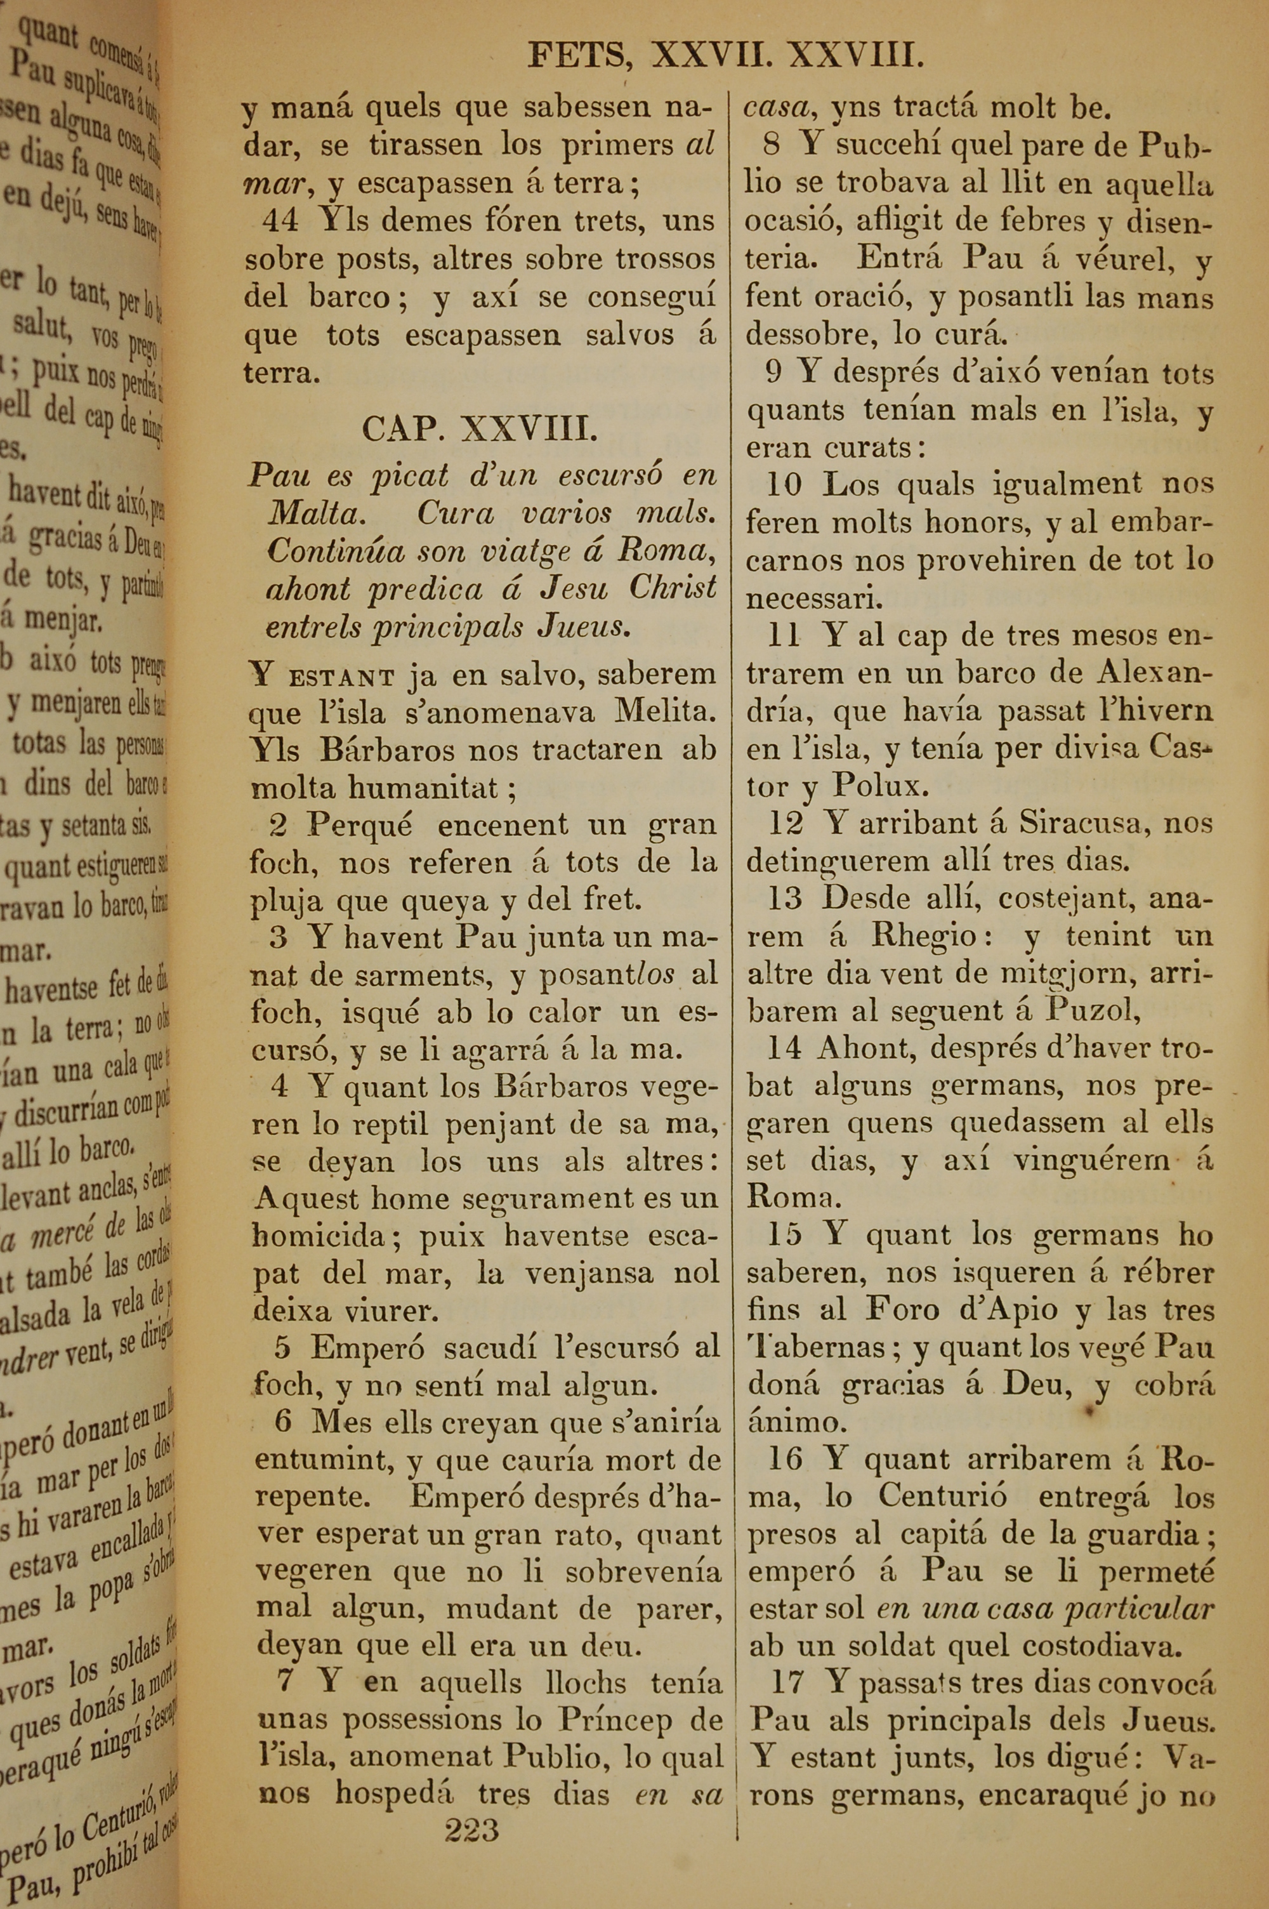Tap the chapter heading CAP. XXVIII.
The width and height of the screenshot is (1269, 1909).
click(x=480, y=428)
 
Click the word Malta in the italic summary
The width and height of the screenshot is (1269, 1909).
click(x=314, y=514)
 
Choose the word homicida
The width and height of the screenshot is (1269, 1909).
click(x=318, y=1236)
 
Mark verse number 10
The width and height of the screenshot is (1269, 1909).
click(x=784, y=485)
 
